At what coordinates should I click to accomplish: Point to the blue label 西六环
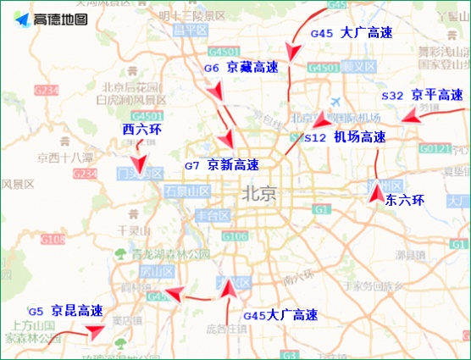pos(141,130)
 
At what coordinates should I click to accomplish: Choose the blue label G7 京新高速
pos(222,165)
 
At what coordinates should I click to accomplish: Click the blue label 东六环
pos(403,201)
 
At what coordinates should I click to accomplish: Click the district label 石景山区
pos(186,191)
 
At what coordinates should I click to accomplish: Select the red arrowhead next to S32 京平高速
pos(408,119)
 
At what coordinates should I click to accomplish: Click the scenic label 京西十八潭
pos(64,158)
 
